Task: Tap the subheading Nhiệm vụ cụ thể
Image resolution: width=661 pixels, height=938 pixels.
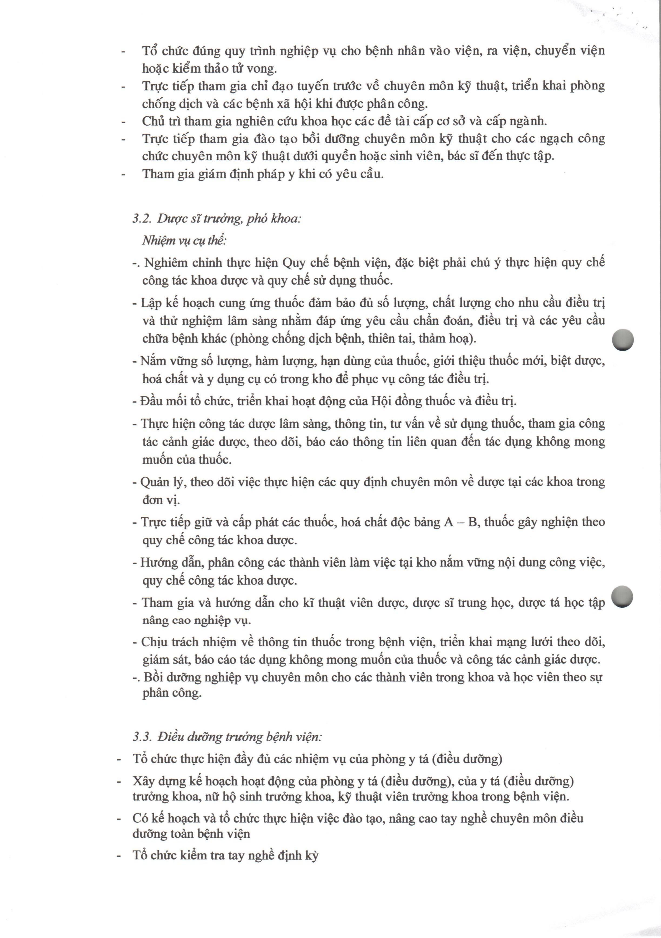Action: point(184,241)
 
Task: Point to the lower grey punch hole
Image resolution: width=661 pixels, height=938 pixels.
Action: point(623,596)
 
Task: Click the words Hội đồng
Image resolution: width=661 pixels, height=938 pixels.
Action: point(392,401)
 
